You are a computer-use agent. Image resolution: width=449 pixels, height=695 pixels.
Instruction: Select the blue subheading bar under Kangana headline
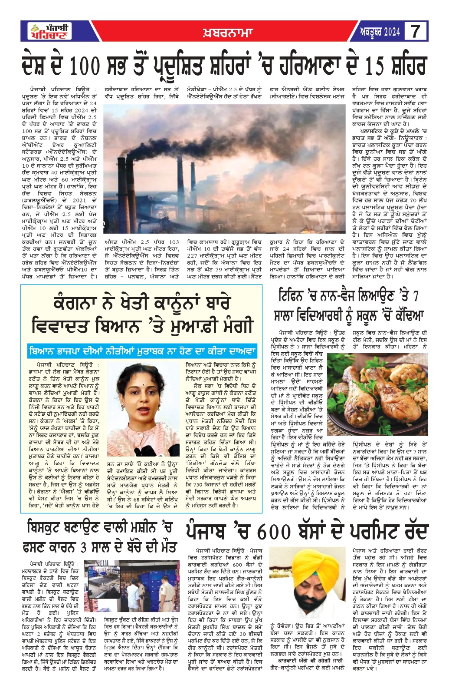coord(142,351)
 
